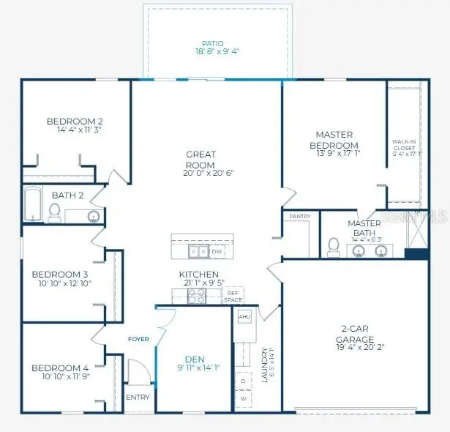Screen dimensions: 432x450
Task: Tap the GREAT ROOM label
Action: [200, 159]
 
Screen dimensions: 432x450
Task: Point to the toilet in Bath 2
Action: [54, 212]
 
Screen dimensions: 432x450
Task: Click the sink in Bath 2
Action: [93, 216]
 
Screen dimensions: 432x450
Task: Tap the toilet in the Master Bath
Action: [333, 247]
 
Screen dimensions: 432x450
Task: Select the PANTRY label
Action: [300, 217]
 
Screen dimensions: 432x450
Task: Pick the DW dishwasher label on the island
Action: [217, 252]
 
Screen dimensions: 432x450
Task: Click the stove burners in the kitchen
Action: [197, 295]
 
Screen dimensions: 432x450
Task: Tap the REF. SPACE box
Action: [233, 297]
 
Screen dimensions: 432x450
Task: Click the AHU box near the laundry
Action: [244, 316]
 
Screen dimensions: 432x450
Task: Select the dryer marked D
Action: [243, 381]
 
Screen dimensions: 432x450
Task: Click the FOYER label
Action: [138, 339]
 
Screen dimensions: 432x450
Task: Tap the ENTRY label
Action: [138, 398]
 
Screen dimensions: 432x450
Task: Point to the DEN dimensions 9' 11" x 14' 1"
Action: [195, 368]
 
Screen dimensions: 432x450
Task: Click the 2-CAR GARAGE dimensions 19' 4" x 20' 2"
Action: [355, 349]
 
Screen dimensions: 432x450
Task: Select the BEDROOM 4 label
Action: [60, 368]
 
